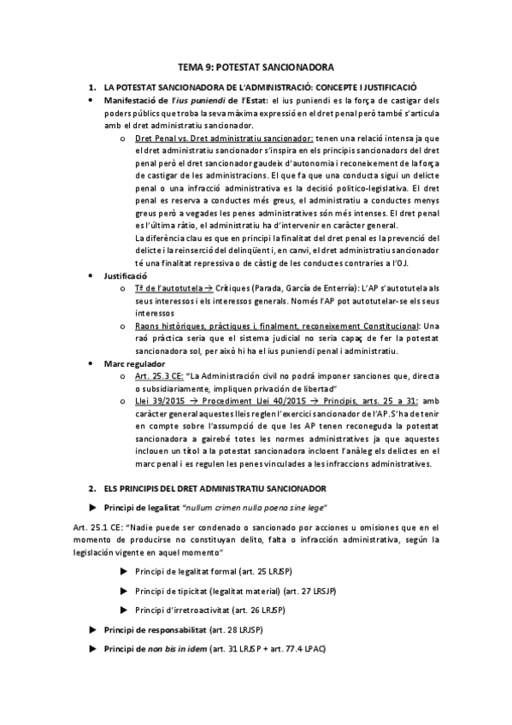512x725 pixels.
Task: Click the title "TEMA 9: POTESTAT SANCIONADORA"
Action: click(256, 66)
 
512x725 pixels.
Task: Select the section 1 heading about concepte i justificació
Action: click(259, 87)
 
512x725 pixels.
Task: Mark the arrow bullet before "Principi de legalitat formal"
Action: click(125, 571)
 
